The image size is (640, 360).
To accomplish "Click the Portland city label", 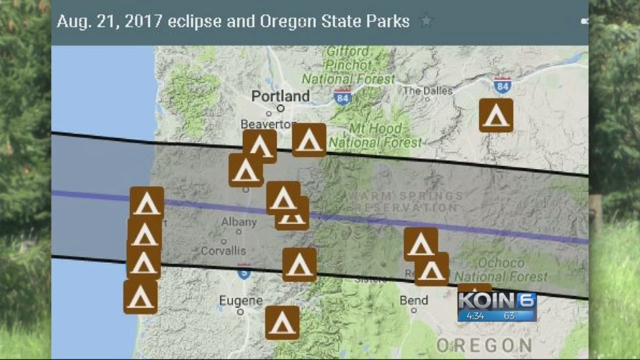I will tap(280, 96).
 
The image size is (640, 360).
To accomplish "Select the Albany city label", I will tap(238, 221).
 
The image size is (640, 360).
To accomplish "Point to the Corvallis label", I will tap(223, 250).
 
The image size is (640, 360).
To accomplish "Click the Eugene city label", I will tap(240, 300).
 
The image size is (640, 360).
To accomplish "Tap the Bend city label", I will tap(413, 300).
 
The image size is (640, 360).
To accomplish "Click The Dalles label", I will tap(427, 90).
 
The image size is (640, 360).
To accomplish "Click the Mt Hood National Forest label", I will tap(375, 135).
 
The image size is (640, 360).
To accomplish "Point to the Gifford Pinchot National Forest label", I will tap(348, 65).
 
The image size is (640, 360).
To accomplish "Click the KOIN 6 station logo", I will tap(497, 301).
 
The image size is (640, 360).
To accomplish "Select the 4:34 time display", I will tap(475, 316).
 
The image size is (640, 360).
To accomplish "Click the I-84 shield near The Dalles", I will tap(502, 85).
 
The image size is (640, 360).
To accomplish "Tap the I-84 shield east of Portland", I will tap(342, 96).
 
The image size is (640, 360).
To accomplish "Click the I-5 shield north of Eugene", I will tap(244, 272).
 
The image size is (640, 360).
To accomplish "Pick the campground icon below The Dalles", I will tap(496, 115).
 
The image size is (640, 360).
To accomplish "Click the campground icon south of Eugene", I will tap(282, 323).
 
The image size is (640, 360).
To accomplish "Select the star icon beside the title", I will tap(426, 21).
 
